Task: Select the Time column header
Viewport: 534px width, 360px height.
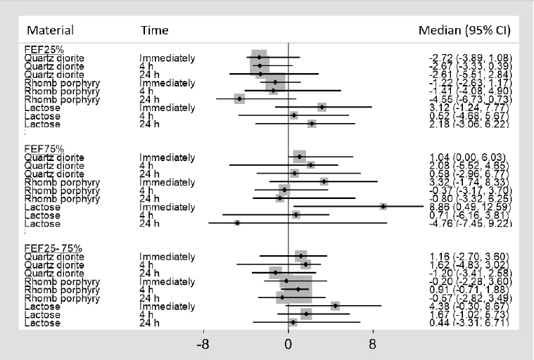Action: tap(154, 30)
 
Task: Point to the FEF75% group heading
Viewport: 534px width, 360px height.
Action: tap(44, 148)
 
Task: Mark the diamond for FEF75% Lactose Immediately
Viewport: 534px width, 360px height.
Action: tap(383, 206)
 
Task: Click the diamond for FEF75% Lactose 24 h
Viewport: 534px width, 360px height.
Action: tap(237, 223)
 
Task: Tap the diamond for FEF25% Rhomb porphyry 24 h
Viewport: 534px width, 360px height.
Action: tap(240, 99)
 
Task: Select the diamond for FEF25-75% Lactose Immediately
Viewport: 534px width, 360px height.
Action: tap(335, 306)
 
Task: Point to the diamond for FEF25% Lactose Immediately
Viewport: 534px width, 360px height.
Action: tap(322, 107)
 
